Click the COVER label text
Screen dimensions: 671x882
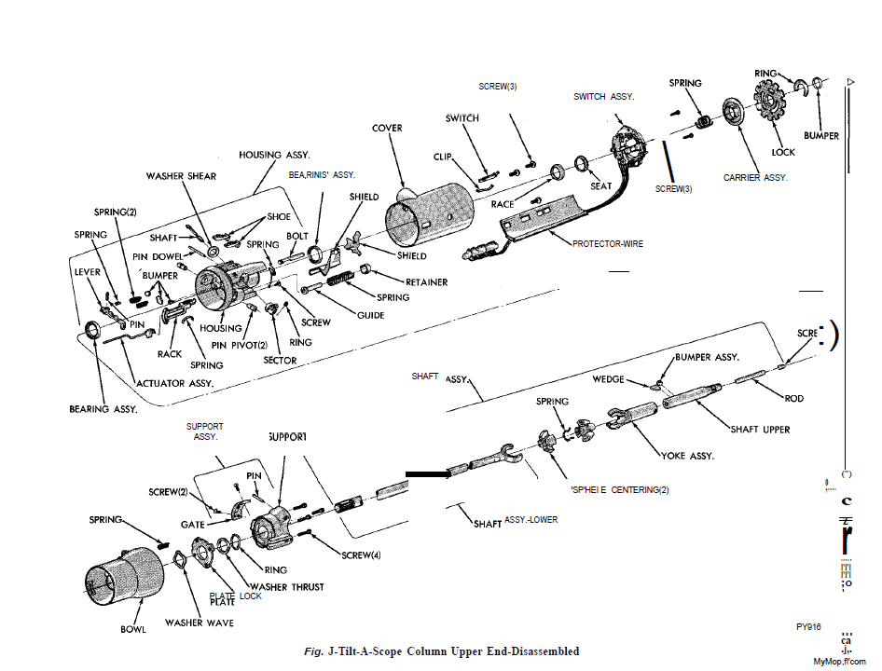(x=387, y=128)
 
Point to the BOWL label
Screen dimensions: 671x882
(x=133, y=629)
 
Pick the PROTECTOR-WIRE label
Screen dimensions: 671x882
(x=607, y=243)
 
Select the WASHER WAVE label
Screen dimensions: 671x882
(x=200, y=622)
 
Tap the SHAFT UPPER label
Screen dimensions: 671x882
(x=760, y=430)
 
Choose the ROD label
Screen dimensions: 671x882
(x=793, y=398)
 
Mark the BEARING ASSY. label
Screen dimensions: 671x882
(x=103, y=409)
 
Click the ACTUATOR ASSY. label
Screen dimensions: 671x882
(x=174, y=383)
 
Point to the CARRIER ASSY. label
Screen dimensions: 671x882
(x=756, y=176)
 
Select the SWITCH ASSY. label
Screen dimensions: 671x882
(x=603, y=96)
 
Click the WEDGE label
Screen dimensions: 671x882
(x=608, y=379)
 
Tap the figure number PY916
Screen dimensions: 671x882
(x=807, y=627)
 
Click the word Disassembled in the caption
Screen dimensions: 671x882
(x=538, y=651)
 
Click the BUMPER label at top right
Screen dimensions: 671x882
(x=820, y=135)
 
